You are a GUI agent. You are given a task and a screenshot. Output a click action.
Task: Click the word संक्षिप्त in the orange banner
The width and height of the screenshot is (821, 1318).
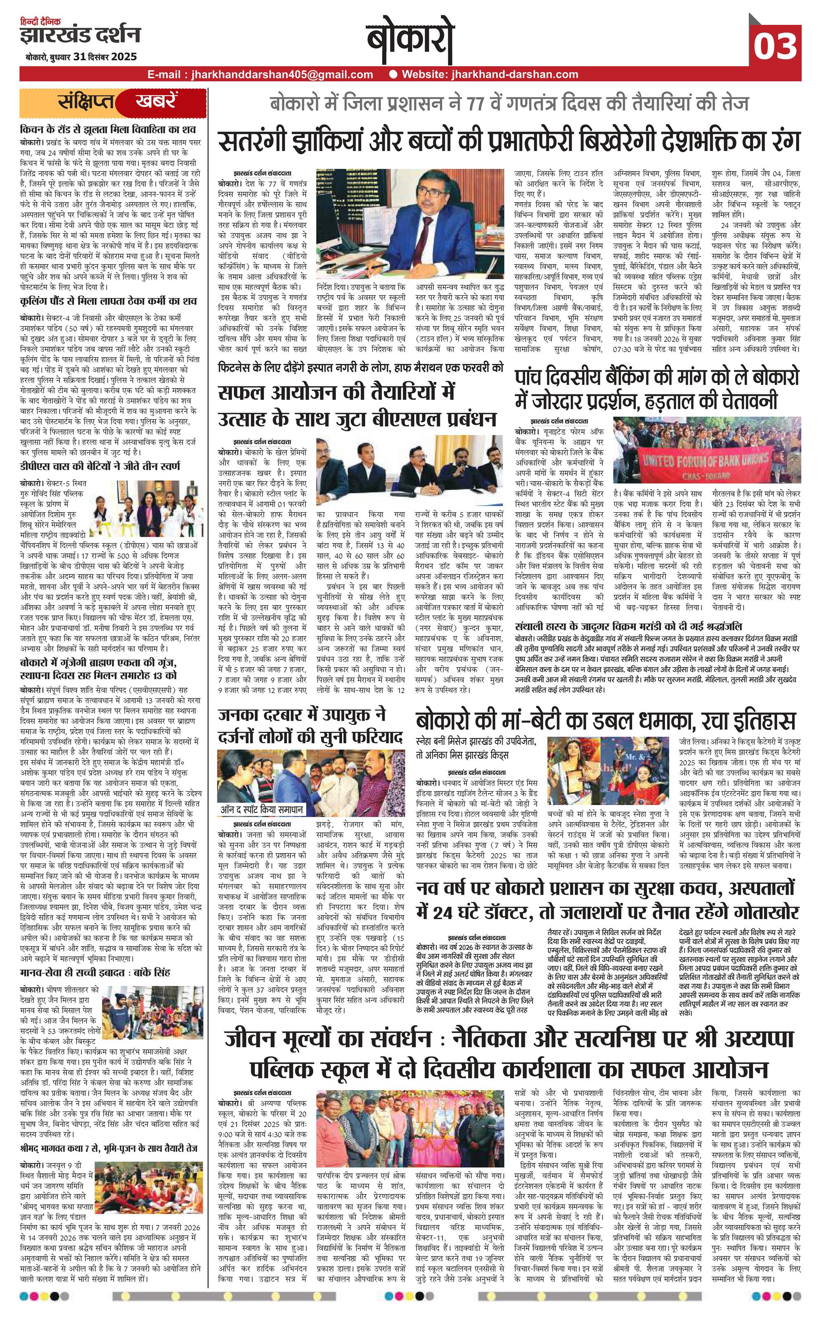(87, 102)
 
